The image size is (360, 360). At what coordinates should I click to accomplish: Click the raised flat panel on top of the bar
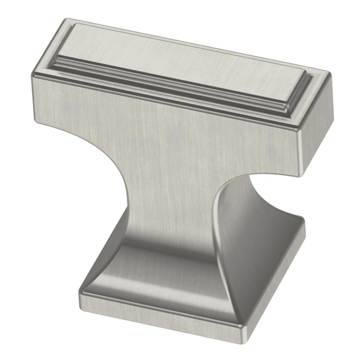point(180,58)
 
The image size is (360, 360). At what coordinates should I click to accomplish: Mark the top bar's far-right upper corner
point(329,74)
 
